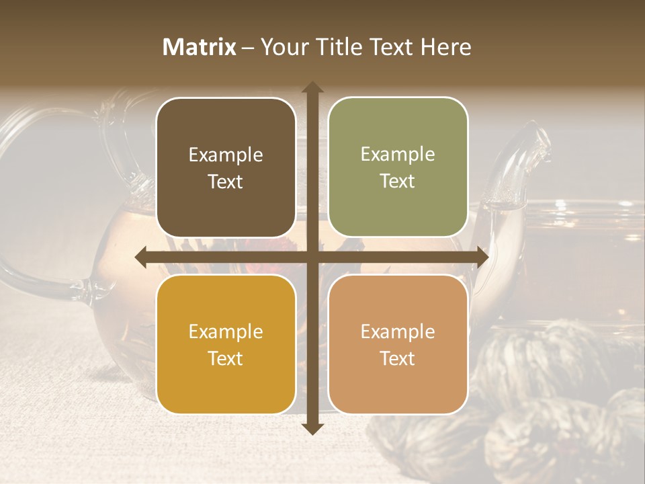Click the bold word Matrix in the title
[200, 47]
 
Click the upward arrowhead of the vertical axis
[312, 88]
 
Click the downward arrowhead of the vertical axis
[312, 428]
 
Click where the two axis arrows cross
[312, 257]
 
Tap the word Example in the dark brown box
[226, 155]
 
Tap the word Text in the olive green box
[398, 182]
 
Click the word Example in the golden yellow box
[226, 332]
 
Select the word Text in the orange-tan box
[398, 358]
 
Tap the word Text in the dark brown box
[226, 182]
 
